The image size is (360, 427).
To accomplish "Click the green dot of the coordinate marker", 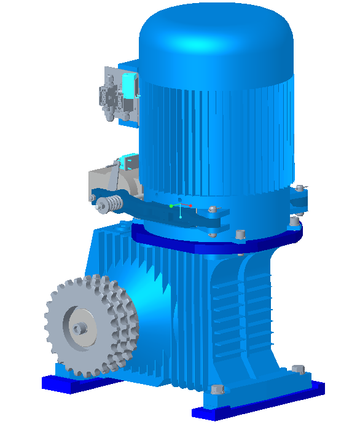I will click(171, 206).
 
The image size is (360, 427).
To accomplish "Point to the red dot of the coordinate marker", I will click(190, 205).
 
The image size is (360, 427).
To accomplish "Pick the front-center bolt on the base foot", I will click(215, 389).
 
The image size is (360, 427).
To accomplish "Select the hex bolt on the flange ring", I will click(240, 234).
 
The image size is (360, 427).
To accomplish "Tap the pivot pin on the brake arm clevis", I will click(213, 210).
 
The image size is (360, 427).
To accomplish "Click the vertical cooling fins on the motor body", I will click(215, 135).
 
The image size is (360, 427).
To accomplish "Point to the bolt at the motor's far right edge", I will click(300, 189).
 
